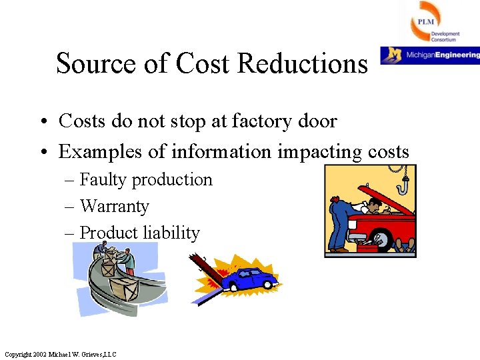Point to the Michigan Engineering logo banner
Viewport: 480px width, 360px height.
430,55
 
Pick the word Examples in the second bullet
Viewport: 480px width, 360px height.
100,152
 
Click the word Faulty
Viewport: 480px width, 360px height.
103,180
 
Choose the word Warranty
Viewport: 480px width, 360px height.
114,207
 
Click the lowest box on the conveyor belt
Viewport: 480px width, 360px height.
127,289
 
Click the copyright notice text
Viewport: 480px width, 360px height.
60,354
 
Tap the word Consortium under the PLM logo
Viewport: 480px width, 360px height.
444,40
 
